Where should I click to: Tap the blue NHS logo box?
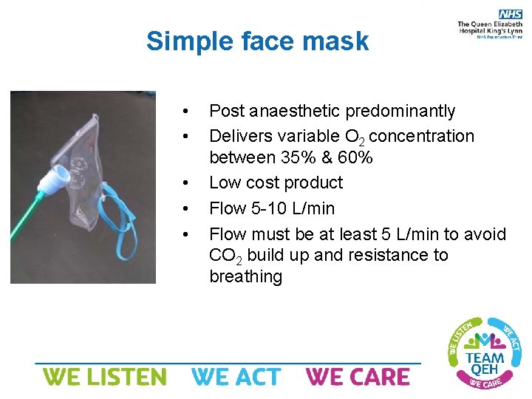click(510, 14)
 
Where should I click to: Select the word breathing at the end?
click(245, 277)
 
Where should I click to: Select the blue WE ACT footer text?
click(236, 377)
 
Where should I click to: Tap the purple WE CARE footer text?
click(358, 377)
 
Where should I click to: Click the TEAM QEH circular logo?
click(485, 352)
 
